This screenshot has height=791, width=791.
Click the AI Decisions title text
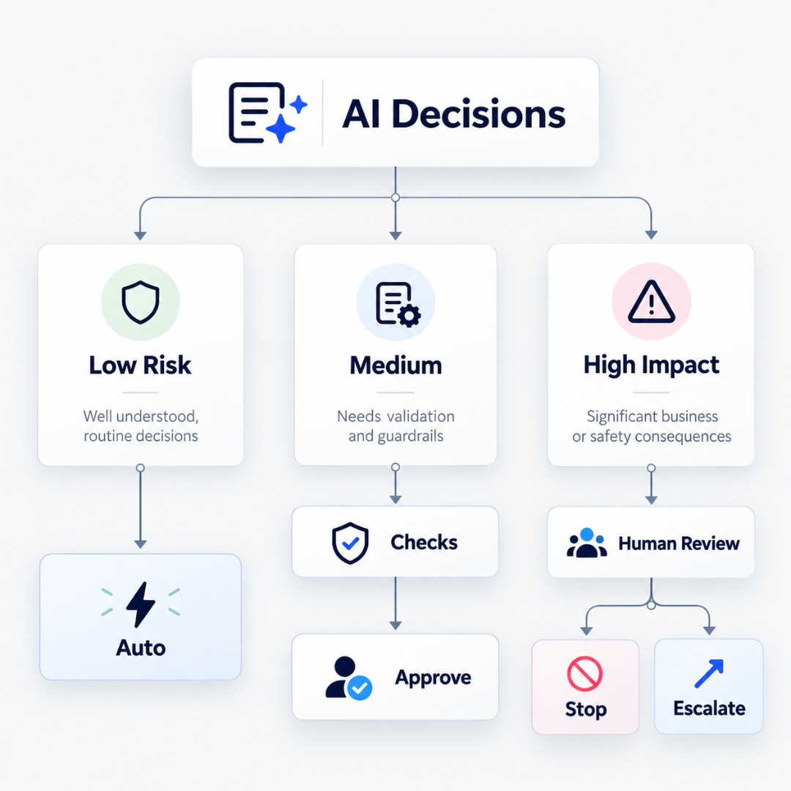454,114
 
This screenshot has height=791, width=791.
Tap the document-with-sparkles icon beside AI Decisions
268,113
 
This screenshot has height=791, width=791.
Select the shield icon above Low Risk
141,302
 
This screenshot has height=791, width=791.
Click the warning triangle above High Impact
651,302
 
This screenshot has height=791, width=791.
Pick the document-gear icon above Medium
398,304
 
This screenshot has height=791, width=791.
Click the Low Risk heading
140,365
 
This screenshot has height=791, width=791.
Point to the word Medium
396,365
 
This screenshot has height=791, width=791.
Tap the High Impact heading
651,365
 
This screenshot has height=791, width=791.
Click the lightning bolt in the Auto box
140,604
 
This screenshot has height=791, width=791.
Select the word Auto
141,647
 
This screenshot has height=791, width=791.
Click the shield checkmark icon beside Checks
350,543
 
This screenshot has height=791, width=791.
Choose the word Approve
434,678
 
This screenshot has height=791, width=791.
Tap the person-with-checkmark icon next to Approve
349,678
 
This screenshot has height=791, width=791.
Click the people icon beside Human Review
587,543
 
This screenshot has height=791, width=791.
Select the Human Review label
679,543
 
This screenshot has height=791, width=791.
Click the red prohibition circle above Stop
584,674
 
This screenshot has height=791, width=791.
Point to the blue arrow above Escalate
709,674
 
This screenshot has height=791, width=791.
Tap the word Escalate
709,709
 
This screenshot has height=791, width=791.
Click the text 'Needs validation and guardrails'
396,426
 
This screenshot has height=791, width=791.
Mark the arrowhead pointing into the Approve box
395,625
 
